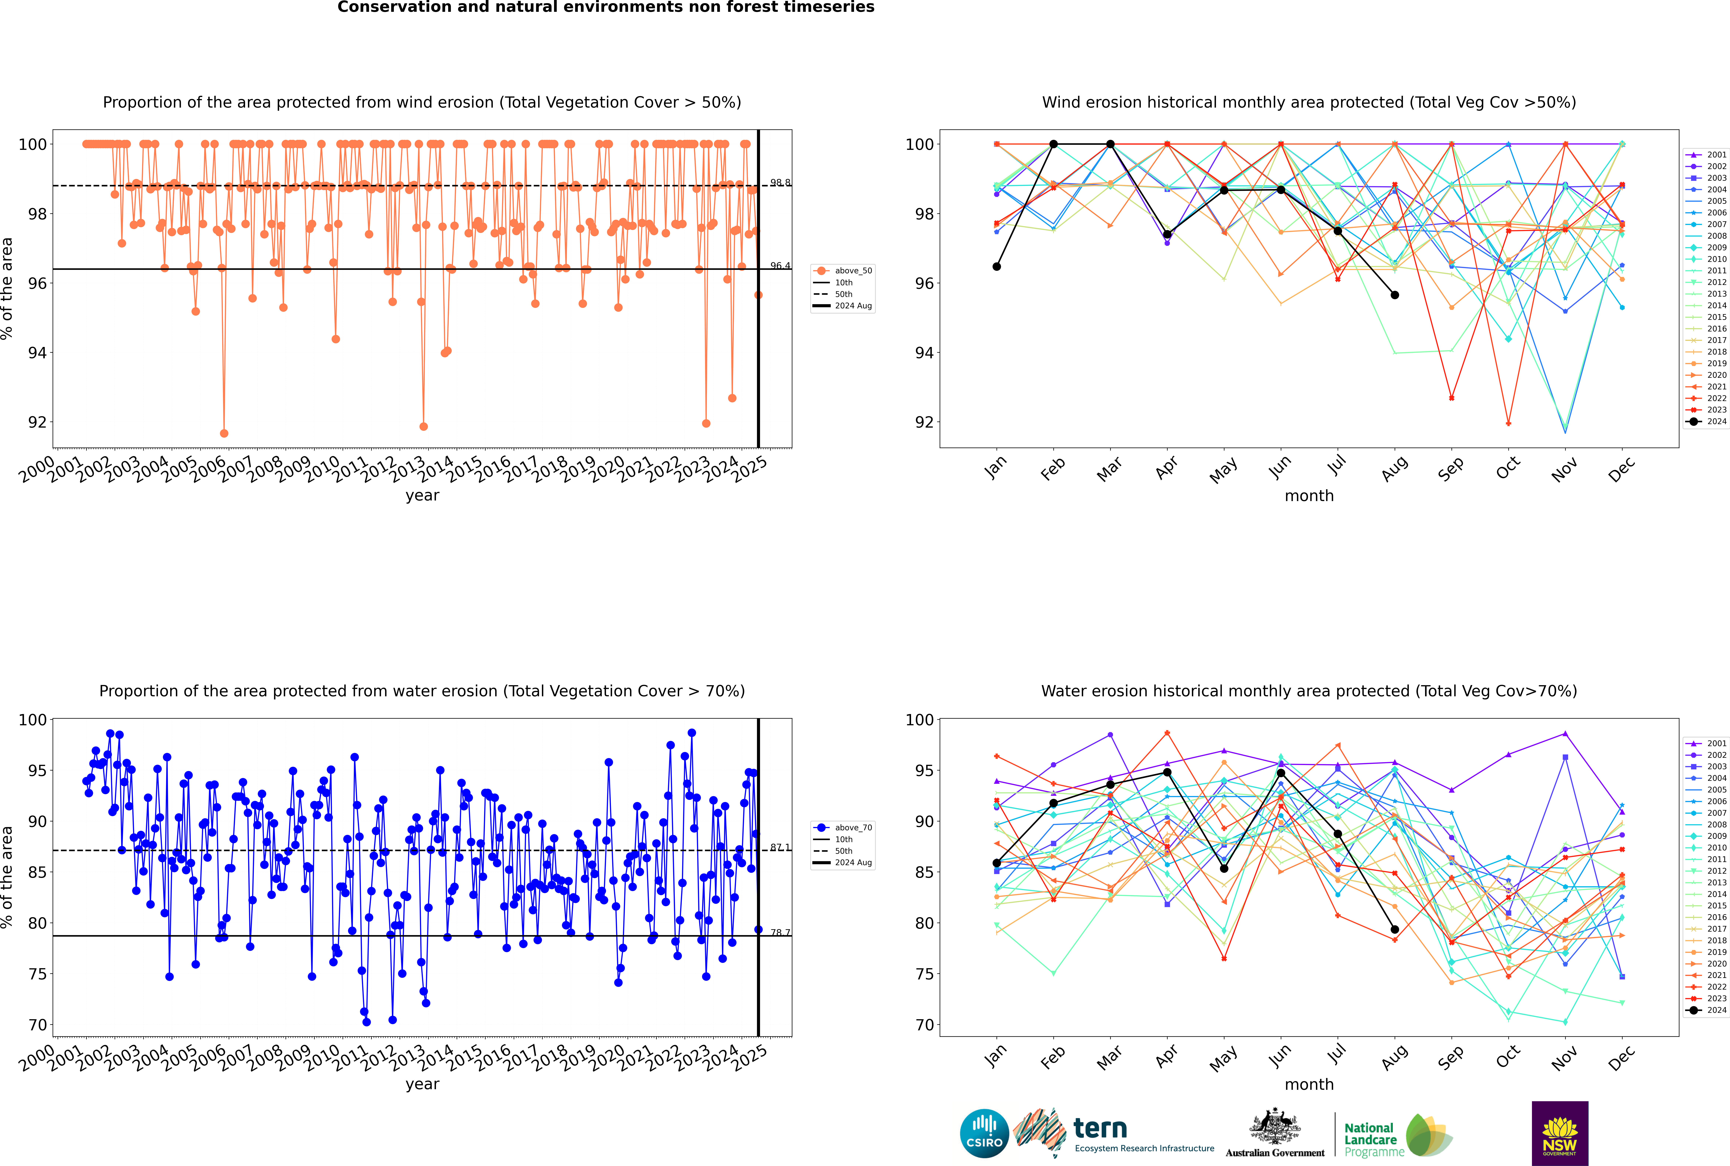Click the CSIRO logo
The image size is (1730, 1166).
click(x=984, y=1134)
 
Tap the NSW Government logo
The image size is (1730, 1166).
click(x=1560, y=1133)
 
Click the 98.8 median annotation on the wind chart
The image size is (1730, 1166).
click(x=779, y=183)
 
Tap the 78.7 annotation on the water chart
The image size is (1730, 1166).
click(x=779, y=933)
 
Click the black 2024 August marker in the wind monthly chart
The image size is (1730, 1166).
click(x=1395, y=295)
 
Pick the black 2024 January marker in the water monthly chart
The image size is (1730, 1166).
click(x=997, y=863)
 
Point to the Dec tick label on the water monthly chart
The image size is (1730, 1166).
click(x=1621, y=1057)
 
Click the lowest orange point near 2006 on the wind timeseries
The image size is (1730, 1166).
click(x=224, y=434)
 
